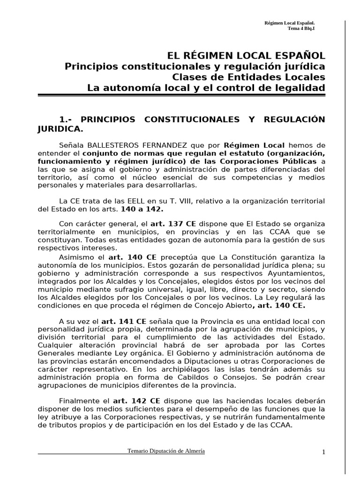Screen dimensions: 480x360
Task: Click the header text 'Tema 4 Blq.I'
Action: pyautogui.click(x=301, y=28)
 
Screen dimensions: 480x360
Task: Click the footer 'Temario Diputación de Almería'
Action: pyautogui.click(x=166, y=451)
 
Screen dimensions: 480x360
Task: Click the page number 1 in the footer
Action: pyautogui.click(x=323, y=452)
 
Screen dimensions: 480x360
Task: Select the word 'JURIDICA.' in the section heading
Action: pyautogui.click(x=60, y=128)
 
